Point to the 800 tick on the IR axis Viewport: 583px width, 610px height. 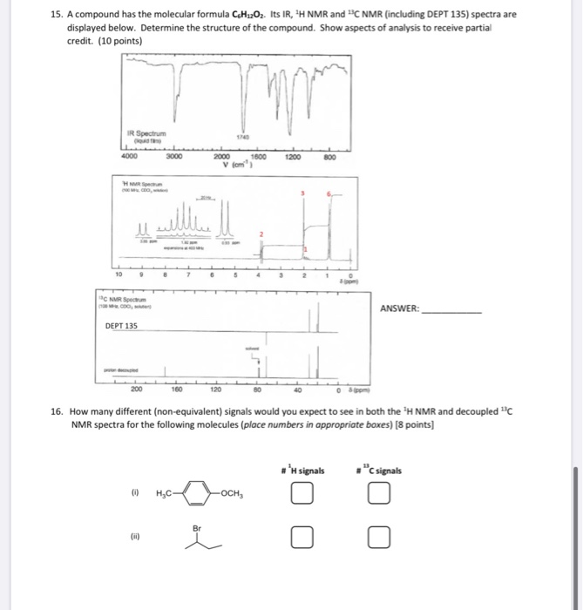point(328,159)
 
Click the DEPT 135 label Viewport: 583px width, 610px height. point(121,325)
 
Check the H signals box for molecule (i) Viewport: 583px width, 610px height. point(302,496)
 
